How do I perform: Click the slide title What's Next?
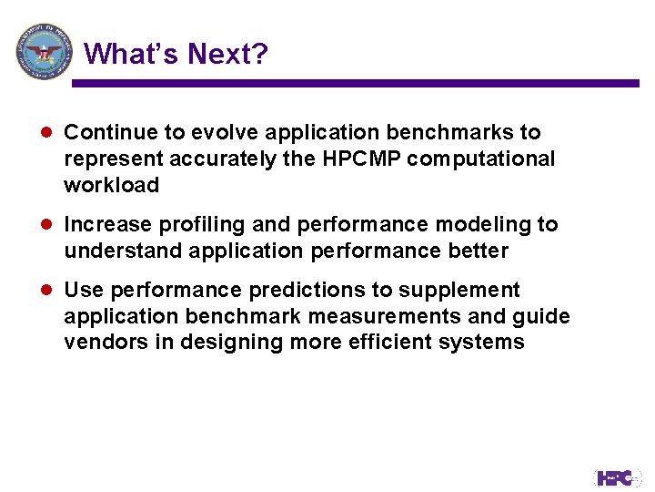tap(176, 55)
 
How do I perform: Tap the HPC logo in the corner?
tap(618, 477)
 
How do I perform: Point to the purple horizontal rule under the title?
tap(355, 83)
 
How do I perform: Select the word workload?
tap(111, 185)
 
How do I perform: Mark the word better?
tap(476, 250)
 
